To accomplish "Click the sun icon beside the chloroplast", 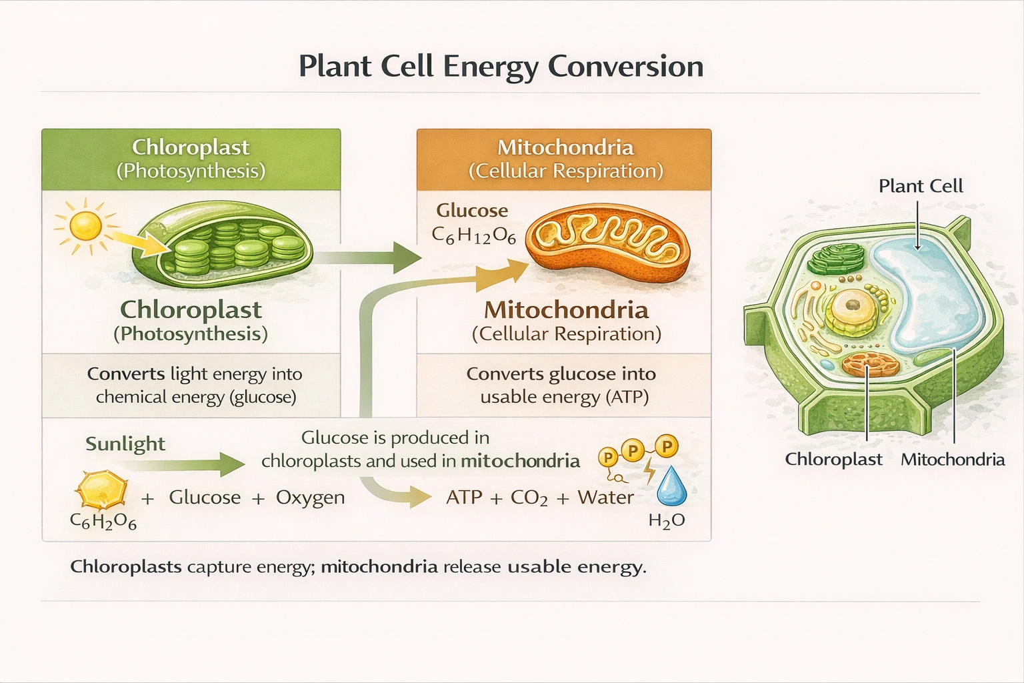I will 85,225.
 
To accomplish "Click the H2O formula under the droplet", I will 667,521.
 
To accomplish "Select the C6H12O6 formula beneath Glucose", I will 473,235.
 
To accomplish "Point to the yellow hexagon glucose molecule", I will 101,490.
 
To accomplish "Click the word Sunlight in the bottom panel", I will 125,444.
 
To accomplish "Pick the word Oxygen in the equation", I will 310,498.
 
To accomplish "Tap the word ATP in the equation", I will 464,498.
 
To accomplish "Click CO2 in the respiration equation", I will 529,498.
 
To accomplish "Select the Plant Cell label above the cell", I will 920,186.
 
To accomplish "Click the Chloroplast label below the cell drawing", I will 833,460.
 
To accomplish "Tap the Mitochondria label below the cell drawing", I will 952,460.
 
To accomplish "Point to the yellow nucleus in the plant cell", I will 852,309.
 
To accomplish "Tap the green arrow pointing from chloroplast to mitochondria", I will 373,257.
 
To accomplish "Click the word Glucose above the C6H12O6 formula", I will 472,211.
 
